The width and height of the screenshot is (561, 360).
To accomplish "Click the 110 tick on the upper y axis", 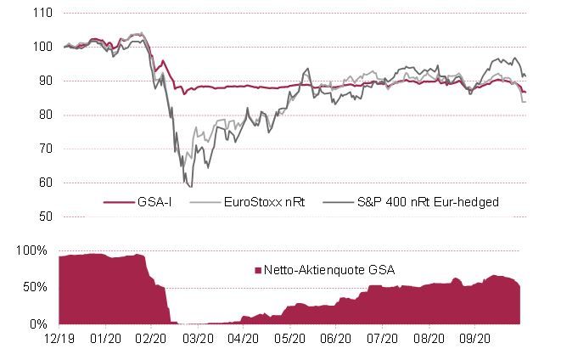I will (42, 14).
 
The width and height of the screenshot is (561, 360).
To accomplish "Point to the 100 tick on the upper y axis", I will (42, 48).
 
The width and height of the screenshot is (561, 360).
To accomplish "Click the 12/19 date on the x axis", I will (59, 337).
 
